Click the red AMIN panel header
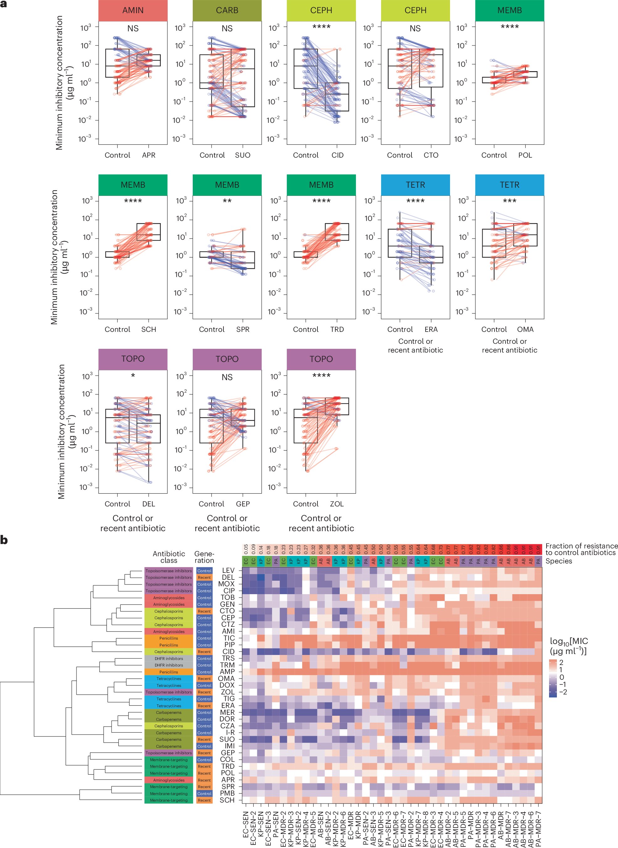click(133, 10)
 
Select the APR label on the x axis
click(149, 155)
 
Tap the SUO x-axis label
click(243, 155)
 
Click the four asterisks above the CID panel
click(321, 27)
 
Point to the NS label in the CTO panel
click(415, 29)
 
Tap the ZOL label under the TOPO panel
click(337, 504)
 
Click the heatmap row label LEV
click(228, 570)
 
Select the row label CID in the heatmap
click(228, 652)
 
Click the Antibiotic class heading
click(169, 557)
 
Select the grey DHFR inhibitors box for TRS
click(169, 658)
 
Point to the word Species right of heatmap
click(558, 561)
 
